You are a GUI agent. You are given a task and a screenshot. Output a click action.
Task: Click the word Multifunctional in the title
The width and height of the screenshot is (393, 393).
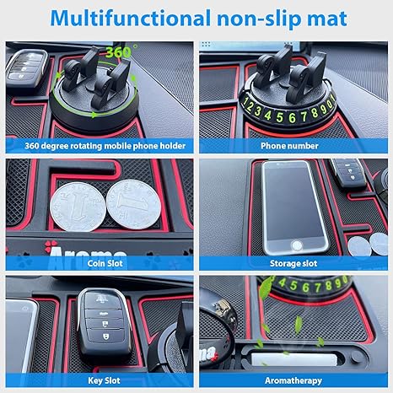130,19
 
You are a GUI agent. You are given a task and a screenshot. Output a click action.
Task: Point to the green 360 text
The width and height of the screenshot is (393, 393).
118,52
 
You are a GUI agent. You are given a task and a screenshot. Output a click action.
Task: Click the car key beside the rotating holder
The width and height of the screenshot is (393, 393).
27,69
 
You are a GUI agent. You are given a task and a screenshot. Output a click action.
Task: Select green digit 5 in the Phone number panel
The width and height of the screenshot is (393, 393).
279,117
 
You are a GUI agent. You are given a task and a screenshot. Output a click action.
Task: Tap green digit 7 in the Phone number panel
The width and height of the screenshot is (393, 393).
304,116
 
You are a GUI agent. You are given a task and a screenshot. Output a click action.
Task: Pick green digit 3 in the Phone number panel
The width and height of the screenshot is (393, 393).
258,111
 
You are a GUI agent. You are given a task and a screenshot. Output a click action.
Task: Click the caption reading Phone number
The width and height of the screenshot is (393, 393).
289,146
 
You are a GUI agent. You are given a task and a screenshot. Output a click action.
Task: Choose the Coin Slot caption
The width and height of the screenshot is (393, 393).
105,263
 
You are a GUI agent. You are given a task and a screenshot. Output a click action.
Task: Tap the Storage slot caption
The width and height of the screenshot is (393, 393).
293,263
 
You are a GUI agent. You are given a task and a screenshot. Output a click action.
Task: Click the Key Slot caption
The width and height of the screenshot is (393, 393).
104,380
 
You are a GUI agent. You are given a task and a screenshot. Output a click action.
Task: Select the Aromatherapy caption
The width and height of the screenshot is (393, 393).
293,380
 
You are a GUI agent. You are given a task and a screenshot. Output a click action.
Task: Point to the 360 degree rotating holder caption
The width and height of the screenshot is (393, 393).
105,146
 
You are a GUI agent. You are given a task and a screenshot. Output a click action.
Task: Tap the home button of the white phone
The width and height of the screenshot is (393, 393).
297,245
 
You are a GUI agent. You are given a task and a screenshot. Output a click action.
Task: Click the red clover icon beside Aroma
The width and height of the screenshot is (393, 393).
51,245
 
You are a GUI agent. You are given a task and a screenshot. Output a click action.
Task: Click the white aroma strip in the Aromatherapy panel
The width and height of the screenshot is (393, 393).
294,359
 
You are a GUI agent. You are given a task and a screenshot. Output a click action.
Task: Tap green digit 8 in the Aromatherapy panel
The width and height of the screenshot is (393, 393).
328,285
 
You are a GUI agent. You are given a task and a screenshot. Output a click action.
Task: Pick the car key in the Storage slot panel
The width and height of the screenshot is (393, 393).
348,173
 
